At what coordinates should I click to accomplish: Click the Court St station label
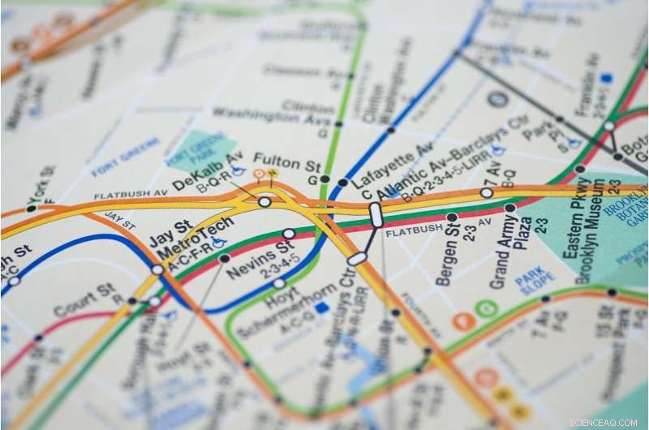click(x=84, y=300)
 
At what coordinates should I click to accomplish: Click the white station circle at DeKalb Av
click(x=264, y=201)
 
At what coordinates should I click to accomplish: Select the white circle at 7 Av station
click(x=486, y=193)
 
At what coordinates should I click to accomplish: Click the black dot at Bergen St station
click(x=452, y=217)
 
